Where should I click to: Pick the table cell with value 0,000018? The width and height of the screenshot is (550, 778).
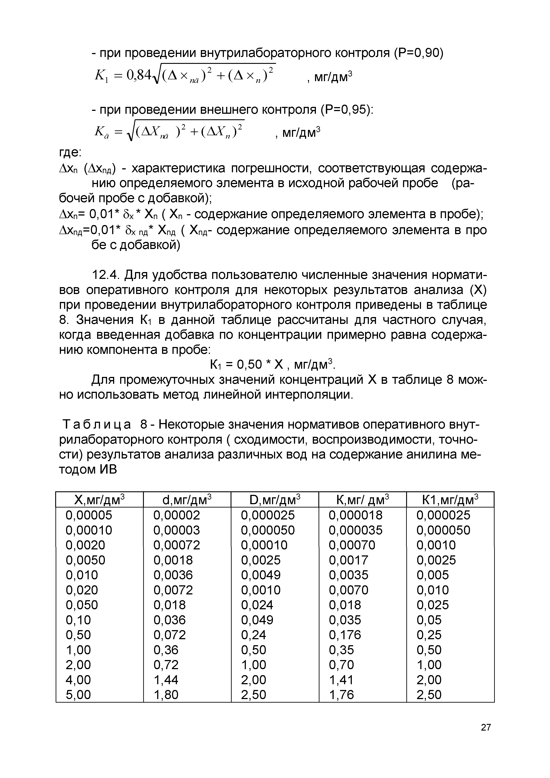pyautogui.click(x=355, y=515)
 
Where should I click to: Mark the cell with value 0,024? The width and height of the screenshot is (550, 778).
pyautogui.click(x=257, y=605)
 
